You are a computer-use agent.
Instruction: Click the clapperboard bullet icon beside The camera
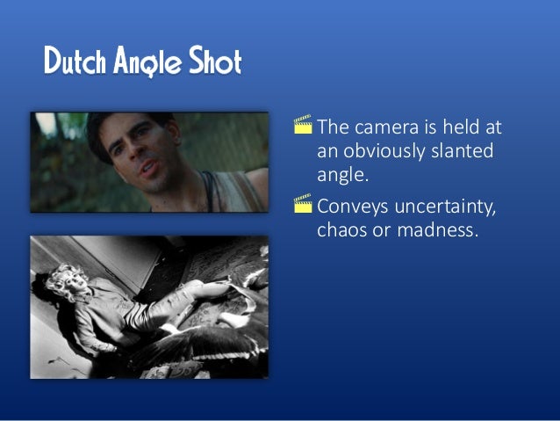(304, 127)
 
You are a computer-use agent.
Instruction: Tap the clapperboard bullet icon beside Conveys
(304, 207)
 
